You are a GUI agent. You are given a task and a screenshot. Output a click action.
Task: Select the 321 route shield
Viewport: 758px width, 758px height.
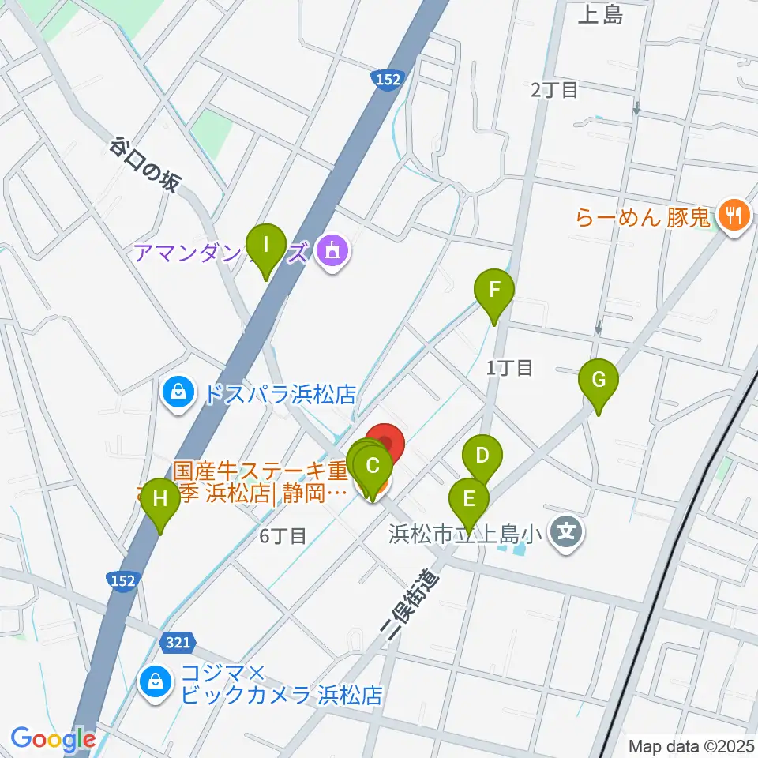point(178,642)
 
